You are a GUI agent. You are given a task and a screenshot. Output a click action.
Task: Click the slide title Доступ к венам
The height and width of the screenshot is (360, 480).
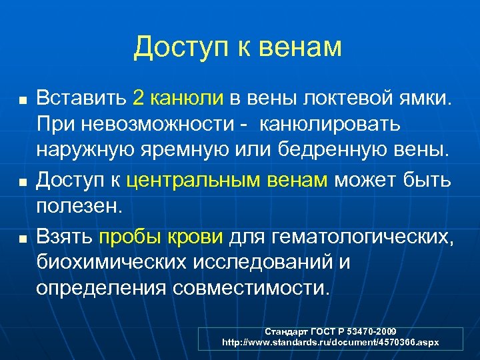[237, 48]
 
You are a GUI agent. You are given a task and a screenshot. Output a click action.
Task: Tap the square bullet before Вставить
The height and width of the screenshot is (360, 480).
[23, 101]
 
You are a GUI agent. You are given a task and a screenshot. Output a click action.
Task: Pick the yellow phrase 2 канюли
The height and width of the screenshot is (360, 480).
[178, 99]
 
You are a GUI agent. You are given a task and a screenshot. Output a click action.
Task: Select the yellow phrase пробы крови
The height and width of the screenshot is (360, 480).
[162, 235]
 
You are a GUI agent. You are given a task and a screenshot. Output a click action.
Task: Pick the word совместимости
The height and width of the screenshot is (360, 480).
[250, 289]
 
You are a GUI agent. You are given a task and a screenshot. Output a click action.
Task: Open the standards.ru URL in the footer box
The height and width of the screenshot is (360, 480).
[330, 341]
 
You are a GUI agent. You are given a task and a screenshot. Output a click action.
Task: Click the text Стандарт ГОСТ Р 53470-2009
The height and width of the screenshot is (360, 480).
[330, 331]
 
